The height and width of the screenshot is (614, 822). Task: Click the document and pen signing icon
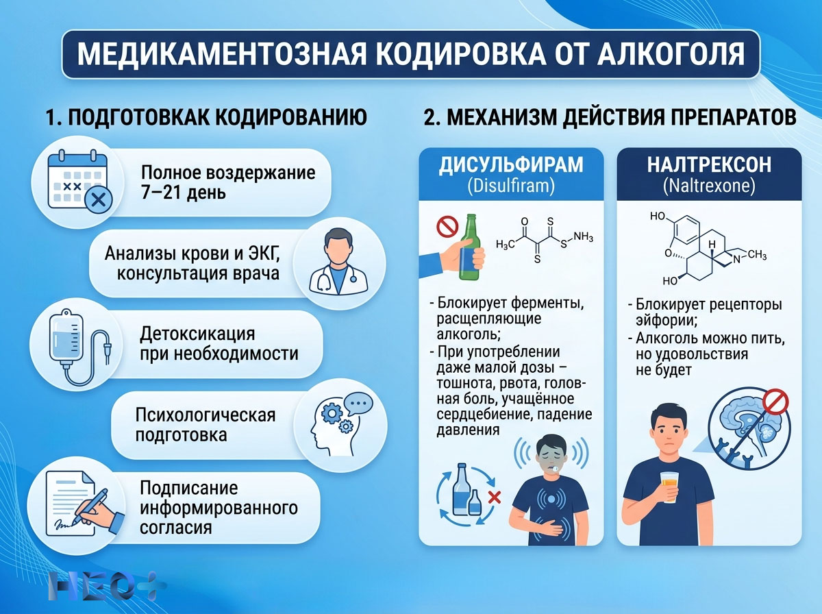point(77,503)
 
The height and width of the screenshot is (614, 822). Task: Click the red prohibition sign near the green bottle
point(447,225)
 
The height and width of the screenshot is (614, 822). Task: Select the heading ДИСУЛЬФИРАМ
point(511,165)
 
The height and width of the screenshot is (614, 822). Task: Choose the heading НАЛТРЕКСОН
point(708,165)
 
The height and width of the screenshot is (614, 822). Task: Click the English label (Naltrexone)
point(708,185)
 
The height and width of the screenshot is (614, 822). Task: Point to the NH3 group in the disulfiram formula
point(582,236)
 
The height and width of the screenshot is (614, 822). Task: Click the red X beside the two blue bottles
point(493,497)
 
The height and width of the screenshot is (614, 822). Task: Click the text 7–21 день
point(184,193)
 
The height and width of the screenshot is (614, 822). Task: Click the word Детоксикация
point(197,335)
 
